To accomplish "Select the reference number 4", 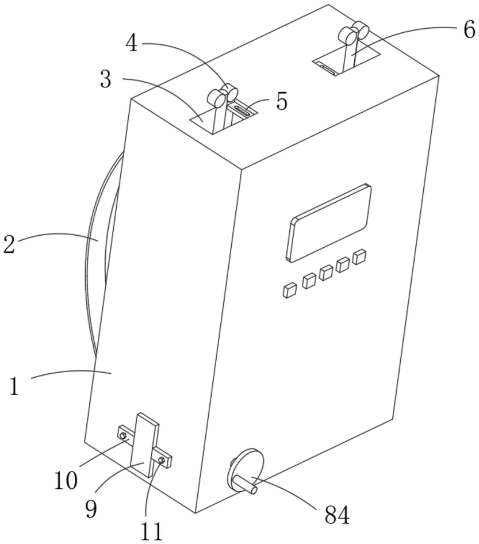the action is (132, 43).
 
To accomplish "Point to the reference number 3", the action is (106, 79).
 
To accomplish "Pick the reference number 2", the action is (9, 244).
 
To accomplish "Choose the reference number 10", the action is (66, 481).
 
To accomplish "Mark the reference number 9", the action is (91, 508).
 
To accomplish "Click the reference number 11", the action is (152, 531).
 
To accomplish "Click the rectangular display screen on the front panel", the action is (328, 223).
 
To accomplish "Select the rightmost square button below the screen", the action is (359, 257).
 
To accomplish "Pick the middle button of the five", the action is (326, 273).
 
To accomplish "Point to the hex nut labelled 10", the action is (122, 435).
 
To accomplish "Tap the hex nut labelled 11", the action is (161, 460).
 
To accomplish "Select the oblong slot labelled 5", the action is (242, 111).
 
